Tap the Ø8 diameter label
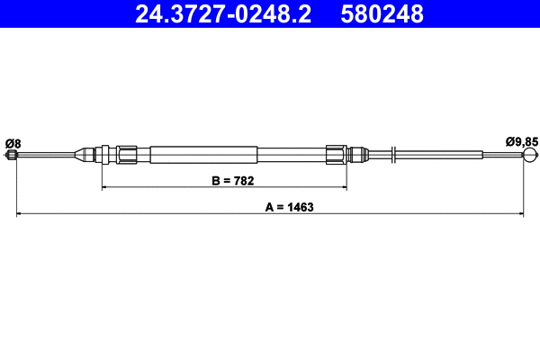pyautogui.click(x=13, y=142)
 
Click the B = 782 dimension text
pyautogui.click(x=232, y=180)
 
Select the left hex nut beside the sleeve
pyautogui.click(x=128, y=155)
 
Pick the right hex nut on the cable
pyautogui.click(x=336, y=155)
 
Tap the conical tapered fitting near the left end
pyautogui.click(x=85, y=155)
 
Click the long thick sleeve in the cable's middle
pyautogui.click(x=204, y=155)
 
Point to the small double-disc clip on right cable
pyautogui.click(x=394, y=155)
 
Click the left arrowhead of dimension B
pyautogui.click(x=105, y=187)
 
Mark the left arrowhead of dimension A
pyautogui.click(x=20, y=214)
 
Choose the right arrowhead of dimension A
pyautogui.click(x=520, y=214)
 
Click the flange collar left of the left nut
pyautogui.click(x=106, y=155)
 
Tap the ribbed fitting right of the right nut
pyautogui.click(x=357, y=155)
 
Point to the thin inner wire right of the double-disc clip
pyautogui.click(x=459, y=155)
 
